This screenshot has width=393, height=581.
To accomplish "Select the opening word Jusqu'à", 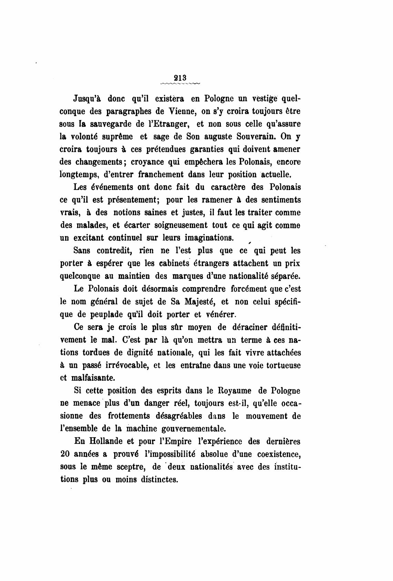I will (87, 99).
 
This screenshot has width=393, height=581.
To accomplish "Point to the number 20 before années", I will (65, 454).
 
